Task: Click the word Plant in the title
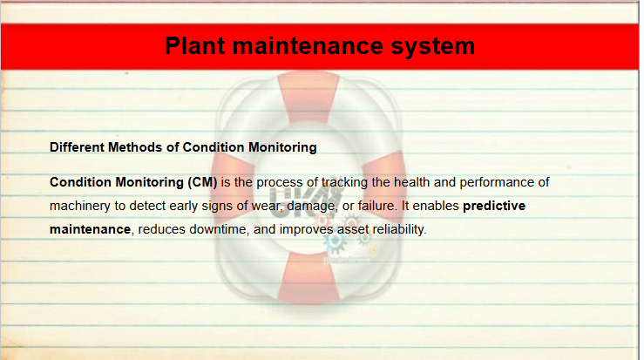point(194,45)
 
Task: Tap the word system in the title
point(433,47)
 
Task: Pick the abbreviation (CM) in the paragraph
point(202,182)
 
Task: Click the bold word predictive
point(494,206)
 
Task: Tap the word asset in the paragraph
point(353,229)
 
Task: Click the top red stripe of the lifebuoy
point(308,97)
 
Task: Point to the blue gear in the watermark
point(335,243)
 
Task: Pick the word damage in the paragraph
point(311,206)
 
